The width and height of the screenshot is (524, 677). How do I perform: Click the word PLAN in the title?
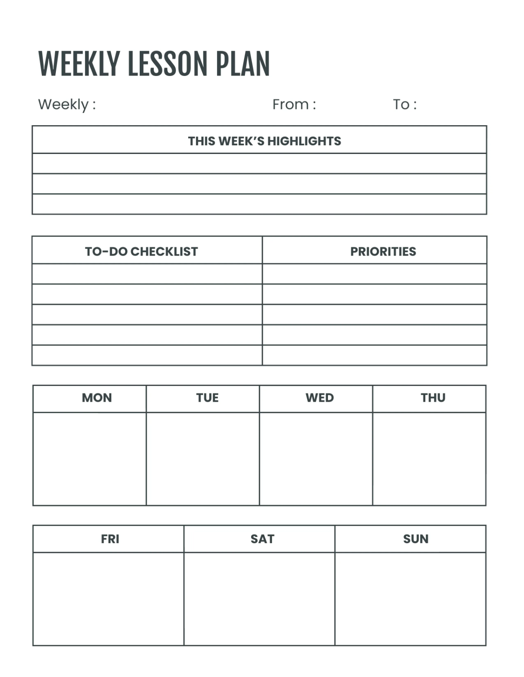[243, 64]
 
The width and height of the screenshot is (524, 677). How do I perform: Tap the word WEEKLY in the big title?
[79, 64]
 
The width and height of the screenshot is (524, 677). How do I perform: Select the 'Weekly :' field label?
[67, 105]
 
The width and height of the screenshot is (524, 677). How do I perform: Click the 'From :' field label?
[294, 105]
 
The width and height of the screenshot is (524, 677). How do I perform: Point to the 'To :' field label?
[404, 105]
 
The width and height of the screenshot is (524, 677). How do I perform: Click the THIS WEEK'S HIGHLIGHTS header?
[264, 141]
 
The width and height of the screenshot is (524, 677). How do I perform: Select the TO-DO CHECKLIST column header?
[141, 252]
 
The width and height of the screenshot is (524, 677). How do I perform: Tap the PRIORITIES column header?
[383, 252]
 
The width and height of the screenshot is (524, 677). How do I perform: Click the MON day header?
[97, 398]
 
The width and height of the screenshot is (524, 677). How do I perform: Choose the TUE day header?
[207, 398]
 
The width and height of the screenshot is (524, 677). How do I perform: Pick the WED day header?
[320, 398]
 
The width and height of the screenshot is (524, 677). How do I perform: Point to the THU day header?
[433, 398]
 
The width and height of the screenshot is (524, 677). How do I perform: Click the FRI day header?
[110, 539]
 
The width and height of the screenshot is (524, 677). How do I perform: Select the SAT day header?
[262, 539]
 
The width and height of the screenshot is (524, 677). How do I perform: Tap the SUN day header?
[415, 539]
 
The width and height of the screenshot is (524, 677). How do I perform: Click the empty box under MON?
[90, 459]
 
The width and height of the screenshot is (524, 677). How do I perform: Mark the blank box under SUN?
[410, 599]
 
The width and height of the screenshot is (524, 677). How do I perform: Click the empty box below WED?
[316, 459]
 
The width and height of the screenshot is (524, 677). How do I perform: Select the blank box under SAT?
[259, 599]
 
